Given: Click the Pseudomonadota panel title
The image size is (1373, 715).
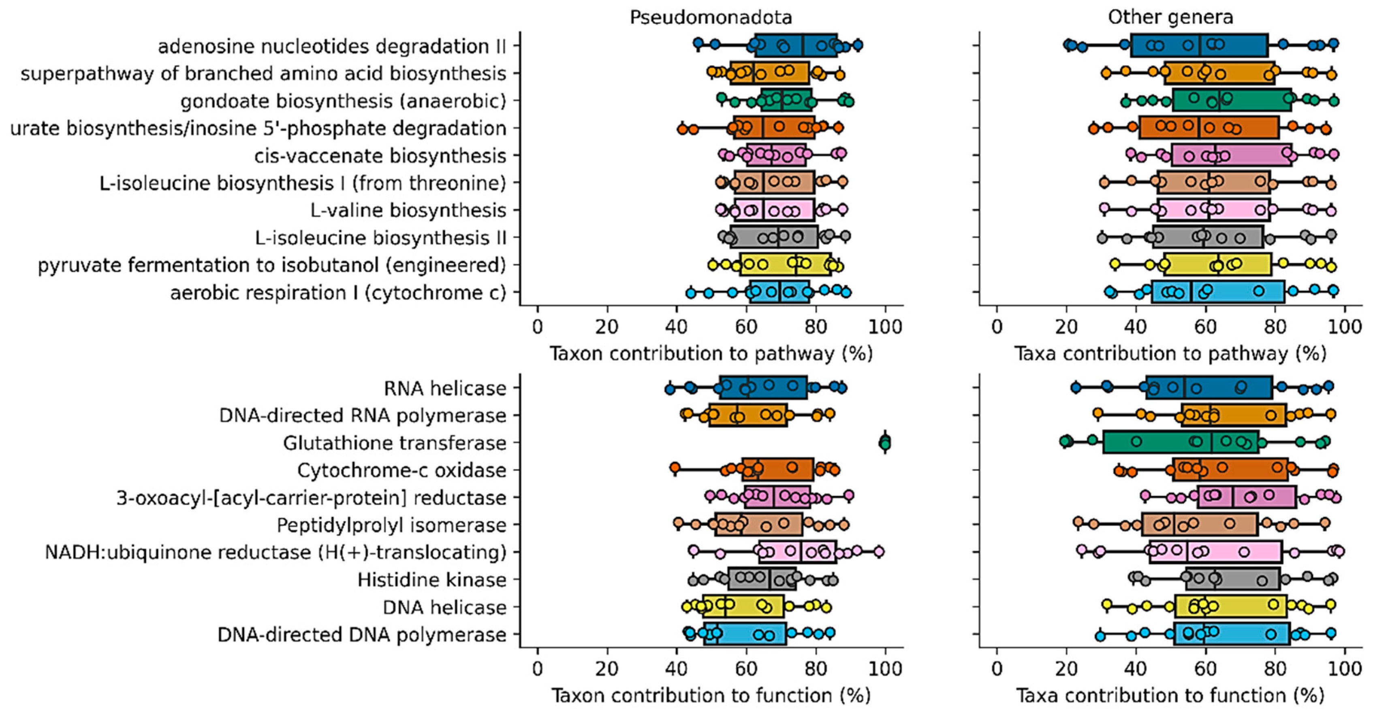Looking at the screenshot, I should point(711,17).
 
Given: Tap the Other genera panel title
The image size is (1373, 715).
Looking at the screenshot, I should point(1170,17).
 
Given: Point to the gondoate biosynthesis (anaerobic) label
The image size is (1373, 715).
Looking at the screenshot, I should point(343,101).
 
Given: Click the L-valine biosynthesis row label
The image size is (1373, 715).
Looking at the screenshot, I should point(408,211).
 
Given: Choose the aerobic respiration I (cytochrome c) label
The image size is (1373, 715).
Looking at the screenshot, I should point(337,292).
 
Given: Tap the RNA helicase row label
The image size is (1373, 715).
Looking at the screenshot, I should point(444,388).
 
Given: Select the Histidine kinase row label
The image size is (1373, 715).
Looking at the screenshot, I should point(431,580).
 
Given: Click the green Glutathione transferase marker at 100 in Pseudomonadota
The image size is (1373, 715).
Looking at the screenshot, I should point(885,443).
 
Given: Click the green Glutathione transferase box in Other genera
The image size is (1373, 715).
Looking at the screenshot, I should point(1181,443).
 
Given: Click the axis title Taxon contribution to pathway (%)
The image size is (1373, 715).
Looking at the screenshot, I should point(711,354).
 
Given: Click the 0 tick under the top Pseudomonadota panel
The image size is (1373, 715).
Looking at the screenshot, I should point(537,327).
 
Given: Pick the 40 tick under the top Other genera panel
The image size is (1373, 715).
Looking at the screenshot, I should point(1136,327).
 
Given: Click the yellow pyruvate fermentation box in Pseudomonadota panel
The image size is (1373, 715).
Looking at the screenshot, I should point(785,265).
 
